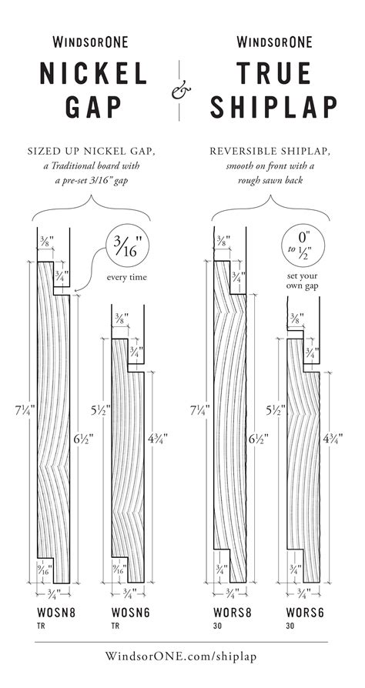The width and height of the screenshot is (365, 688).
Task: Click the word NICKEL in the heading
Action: click(x=93, y=75)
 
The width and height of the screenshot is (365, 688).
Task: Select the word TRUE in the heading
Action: click(x=273, y=75)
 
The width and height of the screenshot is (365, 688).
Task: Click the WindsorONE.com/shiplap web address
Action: click(x=182, y=656)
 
